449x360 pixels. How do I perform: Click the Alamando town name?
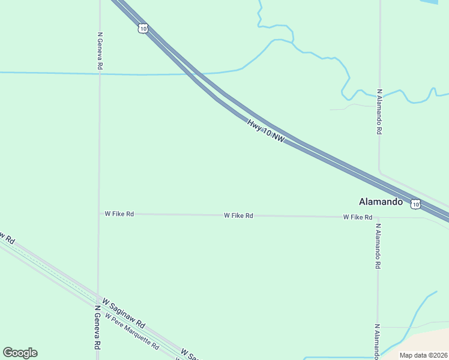(x=381, y=202)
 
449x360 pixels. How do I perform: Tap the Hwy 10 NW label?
(x=265, y=130)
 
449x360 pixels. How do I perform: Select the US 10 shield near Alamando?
(x=416, y=204)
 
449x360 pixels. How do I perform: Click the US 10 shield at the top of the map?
(x=142, y=28)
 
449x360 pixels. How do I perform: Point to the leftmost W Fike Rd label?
(x=119, y=213)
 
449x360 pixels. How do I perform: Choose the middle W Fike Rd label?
(x=238, y=215)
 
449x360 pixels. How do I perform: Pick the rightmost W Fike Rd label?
(x=358, y=217)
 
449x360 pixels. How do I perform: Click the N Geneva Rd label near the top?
(x=100, y=49)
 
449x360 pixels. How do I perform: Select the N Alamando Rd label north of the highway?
(x=379, y=112)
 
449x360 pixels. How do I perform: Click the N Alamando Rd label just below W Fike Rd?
(x=378, y=247)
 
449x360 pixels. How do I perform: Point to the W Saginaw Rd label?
(x=124, y=312)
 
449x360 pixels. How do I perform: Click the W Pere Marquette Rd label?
(x=131, y=332)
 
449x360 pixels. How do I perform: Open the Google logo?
(x=20, y=353)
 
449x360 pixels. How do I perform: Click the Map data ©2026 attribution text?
(x=423, y=355)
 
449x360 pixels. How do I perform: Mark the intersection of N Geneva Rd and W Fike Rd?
(x=99, y=213)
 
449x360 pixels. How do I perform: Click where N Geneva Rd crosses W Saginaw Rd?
(x=98, y=296)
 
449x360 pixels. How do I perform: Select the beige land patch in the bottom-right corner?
(x=426, y=340)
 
